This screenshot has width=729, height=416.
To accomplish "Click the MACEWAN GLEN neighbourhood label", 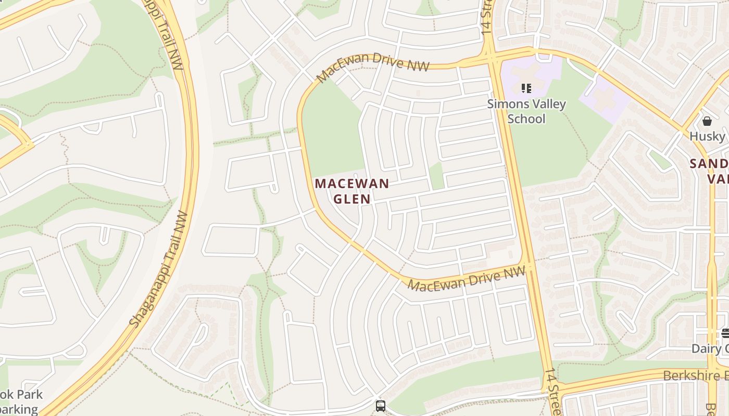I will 352,191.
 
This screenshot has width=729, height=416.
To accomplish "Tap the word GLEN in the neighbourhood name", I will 352,199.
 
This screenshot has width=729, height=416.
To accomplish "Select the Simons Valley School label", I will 526,111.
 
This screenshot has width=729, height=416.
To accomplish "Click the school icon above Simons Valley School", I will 526,88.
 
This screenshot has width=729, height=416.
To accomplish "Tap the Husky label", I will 707,137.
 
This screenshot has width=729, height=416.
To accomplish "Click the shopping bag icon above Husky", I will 707,121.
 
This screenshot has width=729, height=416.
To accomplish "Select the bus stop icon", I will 381,406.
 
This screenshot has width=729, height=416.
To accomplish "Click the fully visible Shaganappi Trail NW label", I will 159,269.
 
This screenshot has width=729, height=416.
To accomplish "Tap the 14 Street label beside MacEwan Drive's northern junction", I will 487,18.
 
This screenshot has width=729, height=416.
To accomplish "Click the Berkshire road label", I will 695,375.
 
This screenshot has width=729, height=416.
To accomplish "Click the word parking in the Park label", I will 20,409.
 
